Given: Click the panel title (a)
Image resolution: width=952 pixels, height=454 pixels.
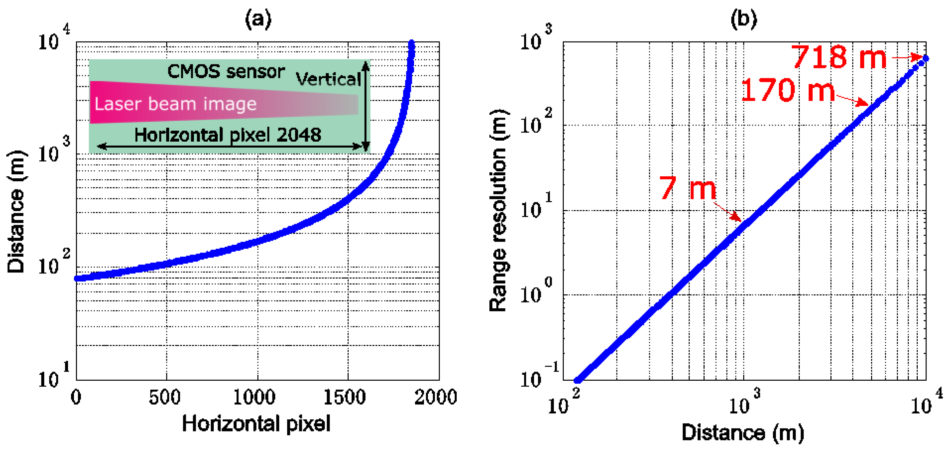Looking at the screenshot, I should tap(258, 18).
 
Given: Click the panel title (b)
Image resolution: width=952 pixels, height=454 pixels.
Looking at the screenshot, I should tap(744, 18).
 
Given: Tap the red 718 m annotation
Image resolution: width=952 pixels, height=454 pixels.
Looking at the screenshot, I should tap(838, 57).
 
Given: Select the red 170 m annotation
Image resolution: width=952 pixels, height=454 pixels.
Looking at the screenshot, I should tap(787, 90).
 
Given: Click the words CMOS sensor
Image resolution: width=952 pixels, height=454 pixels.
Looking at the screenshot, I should tap(226, 71).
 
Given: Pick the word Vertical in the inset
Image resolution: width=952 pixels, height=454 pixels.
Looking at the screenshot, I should tap(328, 79).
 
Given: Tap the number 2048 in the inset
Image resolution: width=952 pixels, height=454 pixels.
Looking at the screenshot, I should tap(299, 135).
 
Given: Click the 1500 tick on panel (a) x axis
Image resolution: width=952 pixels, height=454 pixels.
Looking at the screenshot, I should tap(344, 398).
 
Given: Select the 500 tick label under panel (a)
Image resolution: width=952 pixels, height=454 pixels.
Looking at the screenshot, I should tap(164, 398).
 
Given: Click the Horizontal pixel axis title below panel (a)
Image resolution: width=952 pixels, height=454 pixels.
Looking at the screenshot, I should tap(256, 423).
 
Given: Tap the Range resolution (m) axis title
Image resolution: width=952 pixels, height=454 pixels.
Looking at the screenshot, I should tap(498, 211).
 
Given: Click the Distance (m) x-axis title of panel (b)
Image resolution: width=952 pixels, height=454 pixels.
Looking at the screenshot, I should tap(743, 432).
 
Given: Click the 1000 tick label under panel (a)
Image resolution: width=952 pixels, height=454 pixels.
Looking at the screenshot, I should tap(254, 398).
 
